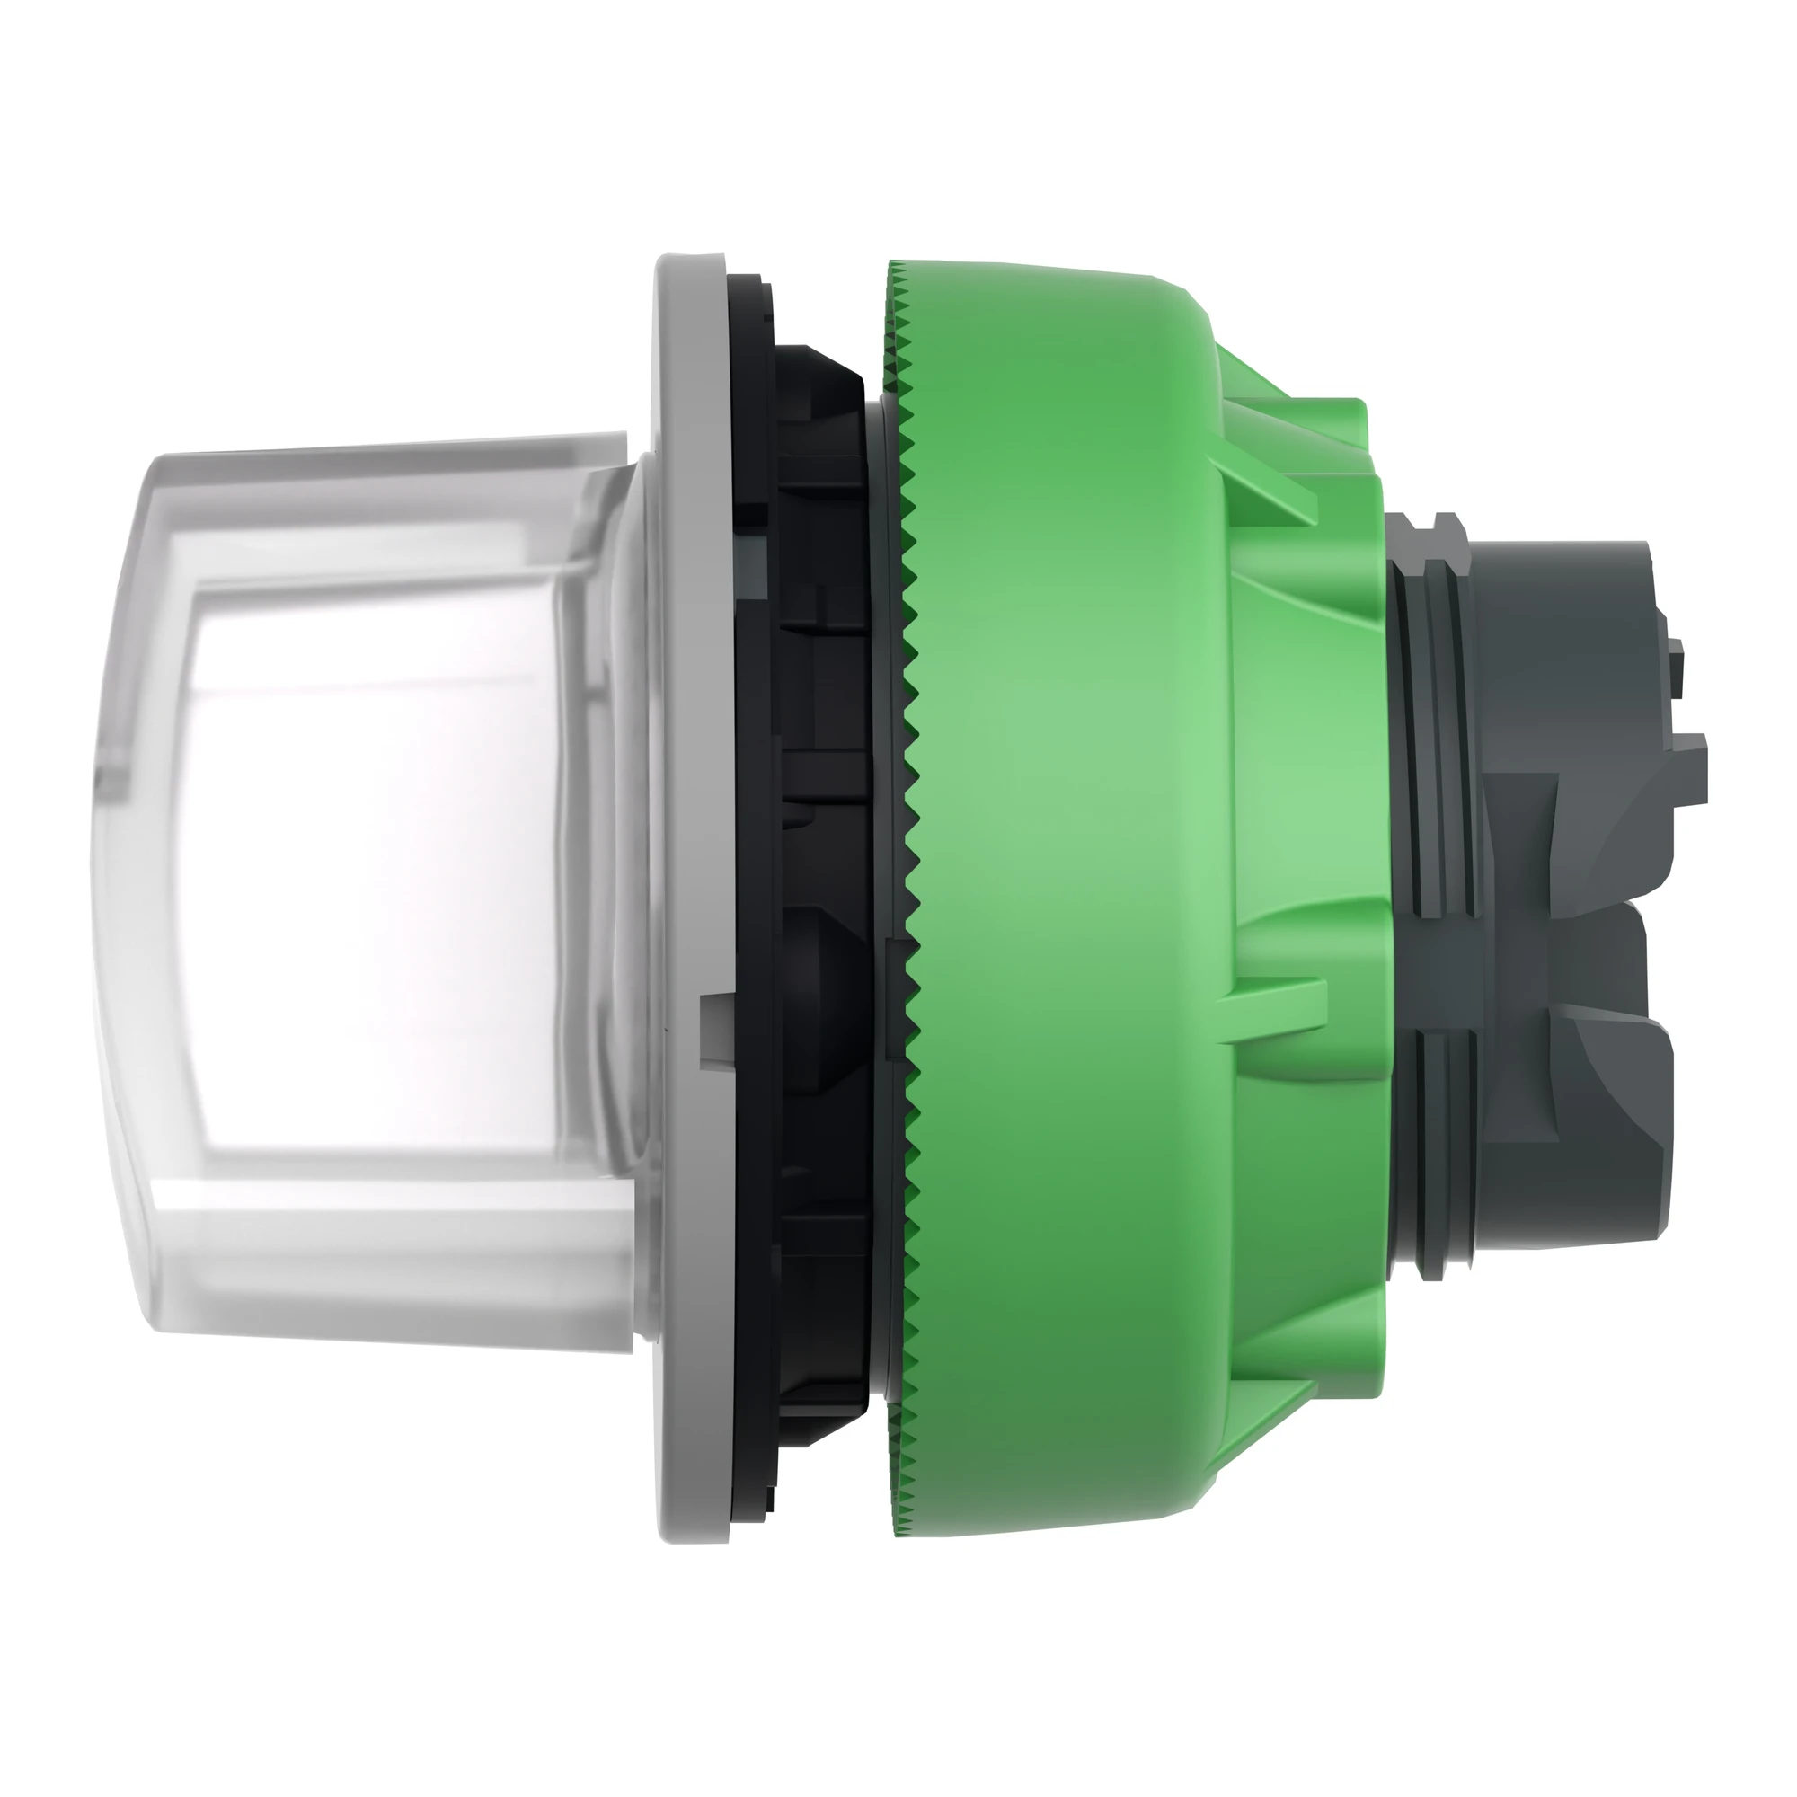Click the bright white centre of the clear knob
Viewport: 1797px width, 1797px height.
tap(372, 865)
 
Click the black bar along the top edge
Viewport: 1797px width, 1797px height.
tap(898, 89)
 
